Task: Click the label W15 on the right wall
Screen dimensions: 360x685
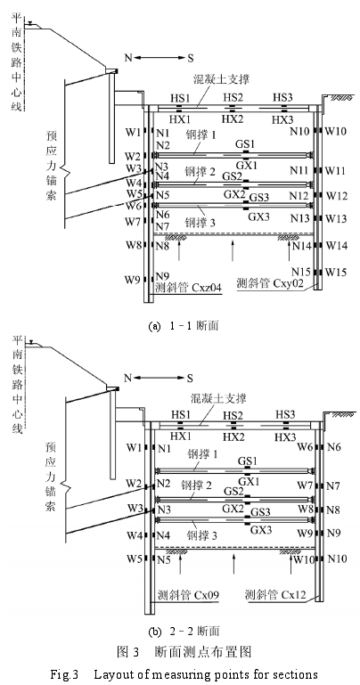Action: pos(336,273)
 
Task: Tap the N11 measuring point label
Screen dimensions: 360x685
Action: pos(299,170)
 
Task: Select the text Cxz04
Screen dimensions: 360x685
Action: pos(205,288)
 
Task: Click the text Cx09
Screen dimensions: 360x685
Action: pos(204,595)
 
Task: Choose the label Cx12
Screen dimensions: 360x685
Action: pos(293,595)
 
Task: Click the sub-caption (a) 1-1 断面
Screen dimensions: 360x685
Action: pos(184,326)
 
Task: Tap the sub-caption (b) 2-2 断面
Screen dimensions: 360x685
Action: pos(184,631)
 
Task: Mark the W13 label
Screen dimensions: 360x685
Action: pos(337,218)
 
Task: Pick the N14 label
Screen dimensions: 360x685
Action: pos(301,247)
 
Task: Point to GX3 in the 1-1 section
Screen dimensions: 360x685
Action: pos(259,216)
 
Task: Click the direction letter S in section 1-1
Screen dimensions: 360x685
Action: pos(191,58)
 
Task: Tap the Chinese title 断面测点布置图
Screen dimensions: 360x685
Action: pos(203,652)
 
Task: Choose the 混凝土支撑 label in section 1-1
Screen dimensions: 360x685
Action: pos(221,79)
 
